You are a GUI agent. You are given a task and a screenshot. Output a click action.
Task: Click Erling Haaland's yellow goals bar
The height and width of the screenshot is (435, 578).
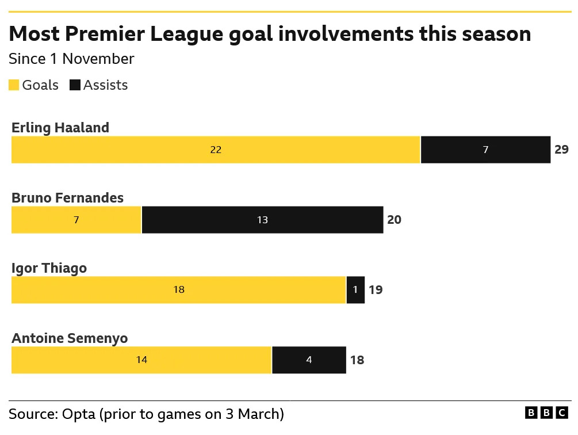click(x=216, y=150)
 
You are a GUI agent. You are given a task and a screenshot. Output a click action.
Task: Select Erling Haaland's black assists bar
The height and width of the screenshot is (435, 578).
click(x=485, y=150)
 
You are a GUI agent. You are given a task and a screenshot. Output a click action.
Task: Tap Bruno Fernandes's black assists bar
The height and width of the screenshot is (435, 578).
click(x=262, y=220)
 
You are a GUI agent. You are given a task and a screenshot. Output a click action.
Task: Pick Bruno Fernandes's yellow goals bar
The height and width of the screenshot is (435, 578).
click(x=76, y=220)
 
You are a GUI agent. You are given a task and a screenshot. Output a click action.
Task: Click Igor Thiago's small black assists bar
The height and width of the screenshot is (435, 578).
click(x=355, y=290)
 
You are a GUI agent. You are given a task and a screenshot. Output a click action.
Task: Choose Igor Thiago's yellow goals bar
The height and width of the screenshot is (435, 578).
click(x=178, y=290)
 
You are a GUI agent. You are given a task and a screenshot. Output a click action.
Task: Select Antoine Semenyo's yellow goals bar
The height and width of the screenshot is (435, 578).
click(x=141, y=360)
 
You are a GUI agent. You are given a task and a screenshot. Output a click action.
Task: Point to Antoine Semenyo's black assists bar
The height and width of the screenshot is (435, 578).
click(x=309, y=360)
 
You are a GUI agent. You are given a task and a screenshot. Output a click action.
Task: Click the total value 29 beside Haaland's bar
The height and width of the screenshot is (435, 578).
click(x=561, y=150)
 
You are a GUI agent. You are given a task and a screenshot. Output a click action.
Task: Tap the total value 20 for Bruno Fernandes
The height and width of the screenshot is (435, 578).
click(x=394, y=220)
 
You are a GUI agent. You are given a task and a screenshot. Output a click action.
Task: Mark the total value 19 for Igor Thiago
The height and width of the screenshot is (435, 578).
click(x=376, y=290)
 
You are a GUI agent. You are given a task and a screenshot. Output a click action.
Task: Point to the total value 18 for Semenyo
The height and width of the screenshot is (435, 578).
click(x=357, y=360)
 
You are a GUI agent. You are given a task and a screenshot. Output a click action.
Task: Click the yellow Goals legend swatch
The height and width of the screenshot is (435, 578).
click(x=14, y=85)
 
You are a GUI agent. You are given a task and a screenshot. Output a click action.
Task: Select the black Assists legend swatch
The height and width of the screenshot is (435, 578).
click(x=75, y=85)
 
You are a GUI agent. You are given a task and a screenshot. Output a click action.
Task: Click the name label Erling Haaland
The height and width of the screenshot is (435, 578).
click(x=60, y=128)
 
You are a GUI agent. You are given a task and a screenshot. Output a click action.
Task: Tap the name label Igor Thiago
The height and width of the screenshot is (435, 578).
click(x=49, y=268)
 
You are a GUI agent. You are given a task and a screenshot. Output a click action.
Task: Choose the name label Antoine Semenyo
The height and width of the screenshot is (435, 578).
click(x=70, y=338)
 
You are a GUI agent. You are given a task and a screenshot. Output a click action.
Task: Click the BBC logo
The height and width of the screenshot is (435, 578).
click(x=546, y=413)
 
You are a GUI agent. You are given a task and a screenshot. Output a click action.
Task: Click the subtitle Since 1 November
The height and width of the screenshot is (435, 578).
click(x=71, y=59)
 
